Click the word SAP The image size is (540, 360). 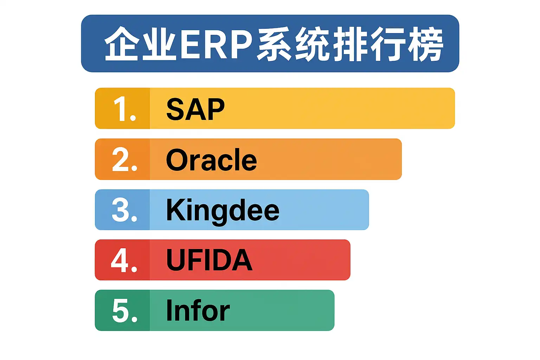point(195,109)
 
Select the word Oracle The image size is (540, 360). point(211,159)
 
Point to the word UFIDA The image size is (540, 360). point(209,260)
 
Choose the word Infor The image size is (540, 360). point(198,310)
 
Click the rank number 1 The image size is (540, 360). point(125,109)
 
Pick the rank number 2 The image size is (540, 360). point(125,159)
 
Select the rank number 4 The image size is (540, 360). point(124,261)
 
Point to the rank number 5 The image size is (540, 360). point(125,310)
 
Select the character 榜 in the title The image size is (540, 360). point(425,44)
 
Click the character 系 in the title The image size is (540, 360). point(274,44)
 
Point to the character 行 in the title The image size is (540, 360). point(388,44)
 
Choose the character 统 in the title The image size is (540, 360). point(312,44)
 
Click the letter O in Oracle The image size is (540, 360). point(177,159)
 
